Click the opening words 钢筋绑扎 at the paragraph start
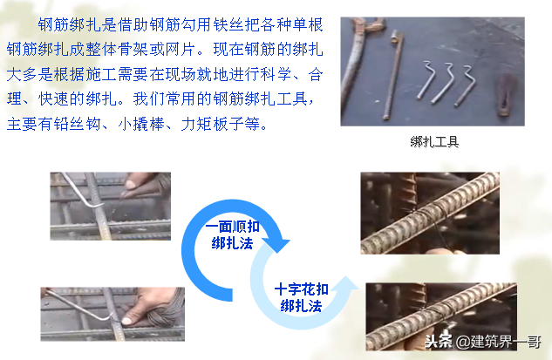pyautogui.click(x=69, y=22)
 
